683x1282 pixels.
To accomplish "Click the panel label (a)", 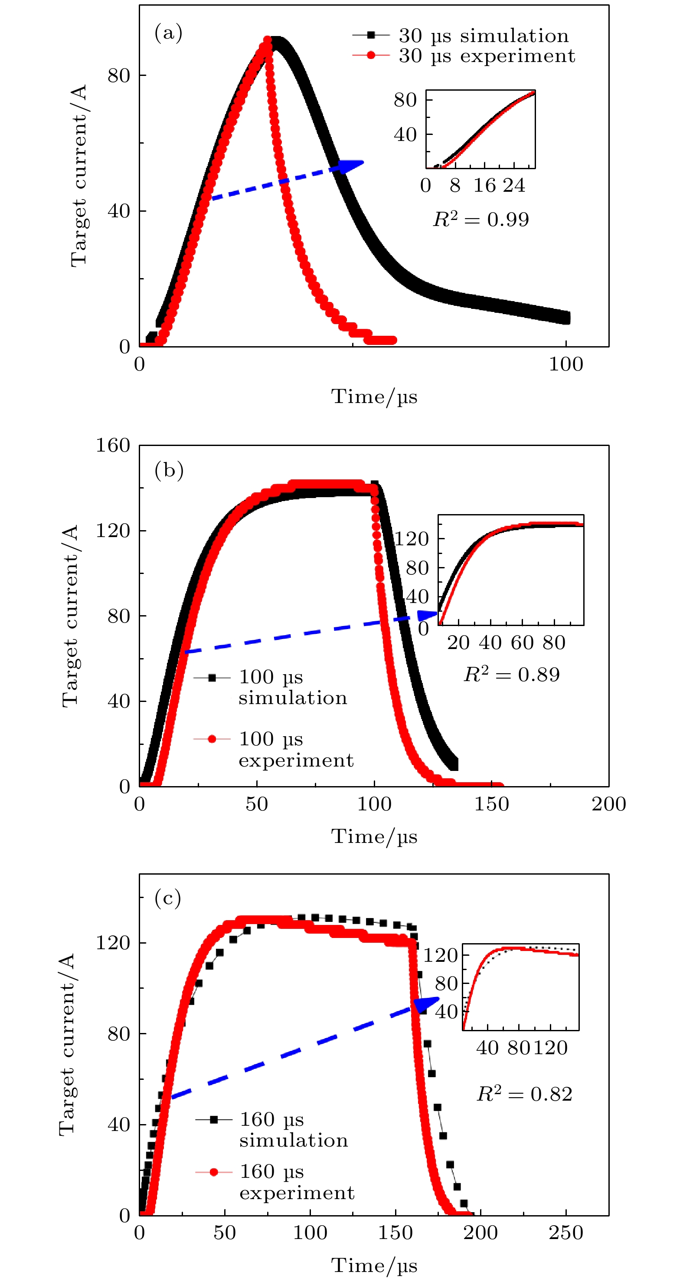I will pos(168,33).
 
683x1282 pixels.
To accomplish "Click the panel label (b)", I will pos(169,469).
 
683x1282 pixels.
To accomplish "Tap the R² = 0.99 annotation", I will pos(480,219).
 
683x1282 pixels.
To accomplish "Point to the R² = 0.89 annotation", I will pos(511,674).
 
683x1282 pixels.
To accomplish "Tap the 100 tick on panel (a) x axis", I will pos(565,365).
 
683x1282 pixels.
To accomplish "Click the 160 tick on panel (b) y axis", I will pos(113,446).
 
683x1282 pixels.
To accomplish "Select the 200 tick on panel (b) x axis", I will pos(608,804).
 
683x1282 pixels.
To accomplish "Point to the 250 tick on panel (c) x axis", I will pos(565,1233).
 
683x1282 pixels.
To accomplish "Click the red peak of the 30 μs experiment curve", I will pos(267,41).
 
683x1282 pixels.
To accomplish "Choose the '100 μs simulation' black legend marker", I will pos(212,678).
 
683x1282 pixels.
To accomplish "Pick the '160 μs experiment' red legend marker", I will pos(214,1172).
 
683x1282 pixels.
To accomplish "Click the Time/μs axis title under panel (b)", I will pos(374,836).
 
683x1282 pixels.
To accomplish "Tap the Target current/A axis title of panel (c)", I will pos(67,1045).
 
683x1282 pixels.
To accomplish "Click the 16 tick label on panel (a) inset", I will pos(484,186).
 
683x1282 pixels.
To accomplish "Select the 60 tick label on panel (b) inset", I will pos(522,643).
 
